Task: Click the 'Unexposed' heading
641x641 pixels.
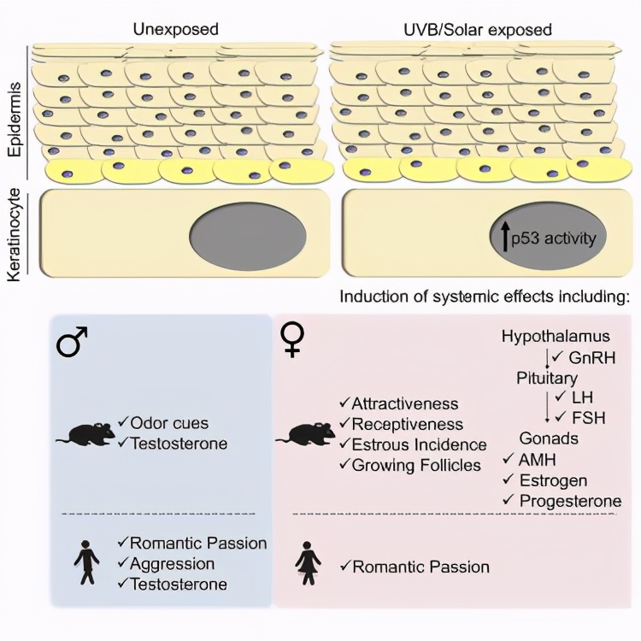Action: click(175, 29)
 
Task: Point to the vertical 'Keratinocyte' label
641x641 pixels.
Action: click(15, 233)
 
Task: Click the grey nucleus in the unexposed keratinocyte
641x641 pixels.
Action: click(248, 234)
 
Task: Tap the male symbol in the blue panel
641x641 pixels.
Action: click(74, 344)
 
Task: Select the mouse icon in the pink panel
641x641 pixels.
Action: click(305, 435)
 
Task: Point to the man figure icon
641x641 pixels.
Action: click(85, 565)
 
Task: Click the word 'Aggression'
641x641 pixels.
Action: click(173, 564)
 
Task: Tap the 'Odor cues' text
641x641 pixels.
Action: click(168, 423)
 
